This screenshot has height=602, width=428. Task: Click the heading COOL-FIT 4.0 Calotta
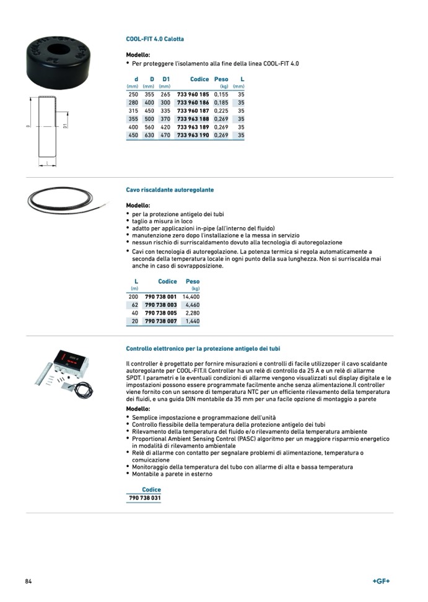(x=155, y=39)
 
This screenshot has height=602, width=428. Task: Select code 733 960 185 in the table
(x=193, y=94)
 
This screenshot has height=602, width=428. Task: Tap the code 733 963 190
(x=193, y=135)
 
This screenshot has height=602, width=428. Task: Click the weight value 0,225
(x=221, y=111)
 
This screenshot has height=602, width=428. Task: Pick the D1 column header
(x=165, y=79)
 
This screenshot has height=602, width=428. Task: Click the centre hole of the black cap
(x=60, y=48)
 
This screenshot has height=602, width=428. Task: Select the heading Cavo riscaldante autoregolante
(x=170, y=190)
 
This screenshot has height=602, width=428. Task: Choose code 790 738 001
(x=160, y=297)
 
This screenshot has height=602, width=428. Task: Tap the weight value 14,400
(x=191, y=297)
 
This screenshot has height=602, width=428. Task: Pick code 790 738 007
(x=160, y=321)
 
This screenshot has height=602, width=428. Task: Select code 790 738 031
(x=144, y=499)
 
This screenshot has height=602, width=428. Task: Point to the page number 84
(x=28, y=582)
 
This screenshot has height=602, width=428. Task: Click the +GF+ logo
(x=381, y=581)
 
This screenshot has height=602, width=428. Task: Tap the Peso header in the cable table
(x=193, y=282)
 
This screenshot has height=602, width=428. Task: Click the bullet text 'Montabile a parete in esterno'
(x=172, y=474)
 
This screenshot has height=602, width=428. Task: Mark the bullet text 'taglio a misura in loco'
(x=162, y=221)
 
